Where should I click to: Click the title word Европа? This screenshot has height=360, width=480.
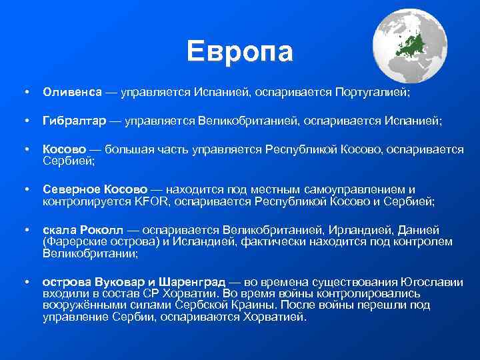(x=239, y=51)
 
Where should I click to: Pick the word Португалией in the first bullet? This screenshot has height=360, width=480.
(x=372, y=91)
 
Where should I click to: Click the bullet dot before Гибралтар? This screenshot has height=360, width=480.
(x=25, y=121)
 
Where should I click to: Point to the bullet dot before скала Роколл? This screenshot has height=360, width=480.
(x=25, y=230)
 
